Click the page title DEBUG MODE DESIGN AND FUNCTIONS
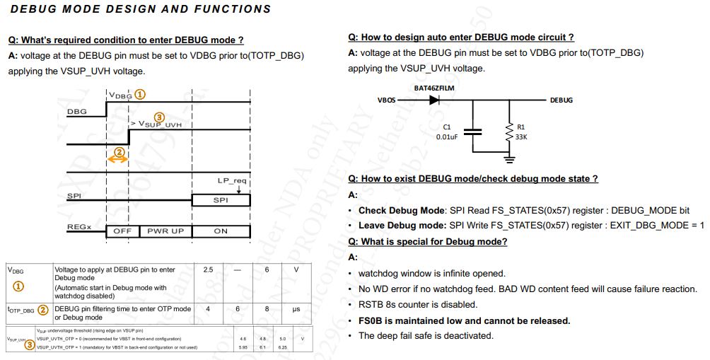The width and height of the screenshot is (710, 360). pos(141,9)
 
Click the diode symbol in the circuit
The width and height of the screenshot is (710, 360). pos(433,100)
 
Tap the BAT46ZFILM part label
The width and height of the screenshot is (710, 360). pos(433,88)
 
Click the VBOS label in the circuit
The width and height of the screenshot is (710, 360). pos(386,100)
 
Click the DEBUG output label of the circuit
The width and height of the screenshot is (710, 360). pos(561,100)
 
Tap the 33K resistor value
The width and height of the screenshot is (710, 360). pos(522,137)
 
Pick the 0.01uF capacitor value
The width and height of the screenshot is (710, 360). pos(447,137)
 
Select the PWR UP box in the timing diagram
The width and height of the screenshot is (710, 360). pos(165,231)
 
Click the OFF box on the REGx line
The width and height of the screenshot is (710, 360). pos(122,231)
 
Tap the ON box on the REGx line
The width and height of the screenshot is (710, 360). pos(221,231)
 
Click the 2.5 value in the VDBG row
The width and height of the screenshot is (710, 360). pos(208,270)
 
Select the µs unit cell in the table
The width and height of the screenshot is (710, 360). pos(296,309)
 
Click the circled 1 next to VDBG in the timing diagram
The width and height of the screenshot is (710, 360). pos(140,93)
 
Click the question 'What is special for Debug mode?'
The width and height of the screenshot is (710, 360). pos(428,242)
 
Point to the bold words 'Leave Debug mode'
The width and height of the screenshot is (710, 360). pos(401,226)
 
